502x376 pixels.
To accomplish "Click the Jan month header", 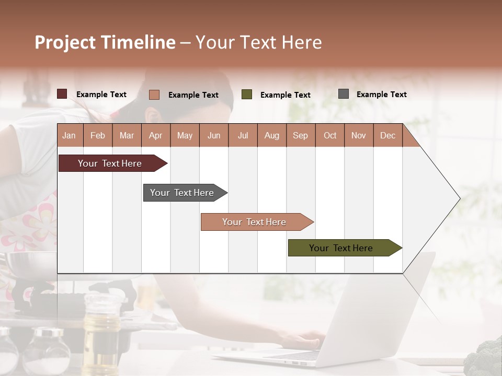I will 69,135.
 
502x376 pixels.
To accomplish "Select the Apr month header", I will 155,135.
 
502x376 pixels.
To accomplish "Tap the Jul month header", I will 243,135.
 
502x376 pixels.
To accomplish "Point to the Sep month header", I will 300,135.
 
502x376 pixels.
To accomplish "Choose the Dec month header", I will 387,135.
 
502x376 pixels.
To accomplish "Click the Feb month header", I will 98,135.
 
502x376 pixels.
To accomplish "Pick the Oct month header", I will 329,135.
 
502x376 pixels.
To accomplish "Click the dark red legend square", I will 62,94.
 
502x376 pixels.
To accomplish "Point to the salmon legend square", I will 154,95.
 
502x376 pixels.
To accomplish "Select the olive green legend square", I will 247,95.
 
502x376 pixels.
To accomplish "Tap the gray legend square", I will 344,94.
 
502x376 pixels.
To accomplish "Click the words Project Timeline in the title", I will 105,42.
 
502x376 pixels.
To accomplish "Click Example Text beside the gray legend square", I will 381,95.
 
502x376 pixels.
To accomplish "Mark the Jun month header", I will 214,135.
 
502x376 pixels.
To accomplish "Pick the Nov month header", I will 359,135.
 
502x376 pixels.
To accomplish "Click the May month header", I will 185,135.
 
